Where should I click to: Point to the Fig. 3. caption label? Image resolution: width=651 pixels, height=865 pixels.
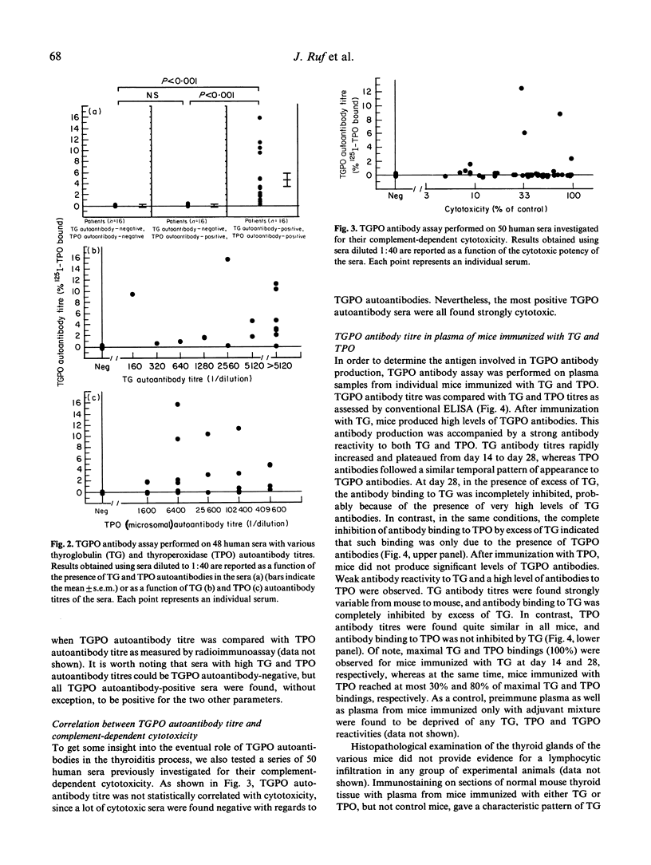tap(351, 227)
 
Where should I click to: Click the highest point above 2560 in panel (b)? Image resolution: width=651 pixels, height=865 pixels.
tap(228, 259)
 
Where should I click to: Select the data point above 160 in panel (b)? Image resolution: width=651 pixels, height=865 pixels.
tap(132, 294)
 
